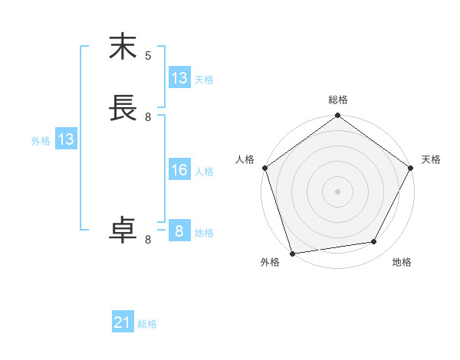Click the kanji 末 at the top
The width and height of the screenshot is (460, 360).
(123, 47)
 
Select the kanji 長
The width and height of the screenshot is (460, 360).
(123, 108)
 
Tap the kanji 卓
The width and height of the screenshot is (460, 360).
(123, 231)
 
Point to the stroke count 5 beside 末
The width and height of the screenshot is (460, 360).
(148, 55)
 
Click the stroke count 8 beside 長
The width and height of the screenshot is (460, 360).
(148, 116)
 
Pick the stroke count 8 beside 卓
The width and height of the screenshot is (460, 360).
(148, 239)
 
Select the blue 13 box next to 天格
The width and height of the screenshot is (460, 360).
(179, 78)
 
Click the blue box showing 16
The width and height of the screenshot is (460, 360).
(179, 170)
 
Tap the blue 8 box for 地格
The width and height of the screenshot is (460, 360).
(179, 231)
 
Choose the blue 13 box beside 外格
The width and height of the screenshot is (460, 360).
(66, 140)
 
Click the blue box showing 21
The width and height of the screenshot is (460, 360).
(123, 323)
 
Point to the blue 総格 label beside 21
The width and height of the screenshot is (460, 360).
(147, 324)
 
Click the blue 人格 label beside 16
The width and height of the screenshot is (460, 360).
(204, 171)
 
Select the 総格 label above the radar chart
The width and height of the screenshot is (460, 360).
(337, 100)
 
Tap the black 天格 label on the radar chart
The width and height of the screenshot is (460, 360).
(431, 159)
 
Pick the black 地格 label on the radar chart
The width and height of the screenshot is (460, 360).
(402, 263)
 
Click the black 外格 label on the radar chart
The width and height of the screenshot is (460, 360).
(270, 263)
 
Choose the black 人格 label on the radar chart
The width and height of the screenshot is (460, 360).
(245, 159)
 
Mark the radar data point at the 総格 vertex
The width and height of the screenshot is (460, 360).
(337, 116)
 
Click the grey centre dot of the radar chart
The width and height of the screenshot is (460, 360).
(337, 191)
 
